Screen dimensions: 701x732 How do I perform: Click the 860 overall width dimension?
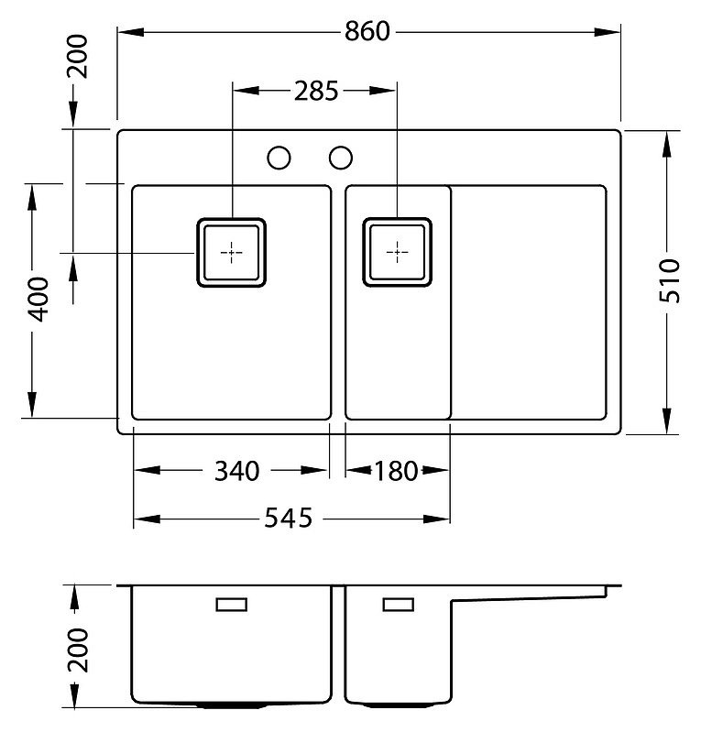point(367,32)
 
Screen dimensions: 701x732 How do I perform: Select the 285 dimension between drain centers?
point(316,91)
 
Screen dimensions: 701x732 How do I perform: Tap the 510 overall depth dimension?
point(669,281)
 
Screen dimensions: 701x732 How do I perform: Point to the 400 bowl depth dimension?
point(38,300)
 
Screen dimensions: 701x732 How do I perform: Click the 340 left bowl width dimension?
point(236,471)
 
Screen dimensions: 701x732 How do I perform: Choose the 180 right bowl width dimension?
point(396,471)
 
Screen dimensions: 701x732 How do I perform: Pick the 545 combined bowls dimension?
point(288,519)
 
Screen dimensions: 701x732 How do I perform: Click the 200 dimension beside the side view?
point(78,650)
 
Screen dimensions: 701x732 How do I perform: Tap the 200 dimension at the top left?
point(78,56)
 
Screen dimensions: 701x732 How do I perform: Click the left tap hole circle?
point(279,158)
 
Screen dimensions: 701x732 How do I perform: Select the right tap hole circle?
point(341,158)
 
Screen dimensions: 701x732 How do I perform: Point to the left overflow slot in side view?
point(232,605)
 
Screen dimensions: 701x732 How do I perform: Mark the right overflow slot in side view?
point(399,605)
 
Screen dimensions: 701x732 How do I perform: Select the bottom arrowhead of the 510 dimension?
point(667,421)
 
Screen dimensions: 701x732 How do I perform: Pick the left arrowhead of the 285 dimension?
point(246,90)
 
